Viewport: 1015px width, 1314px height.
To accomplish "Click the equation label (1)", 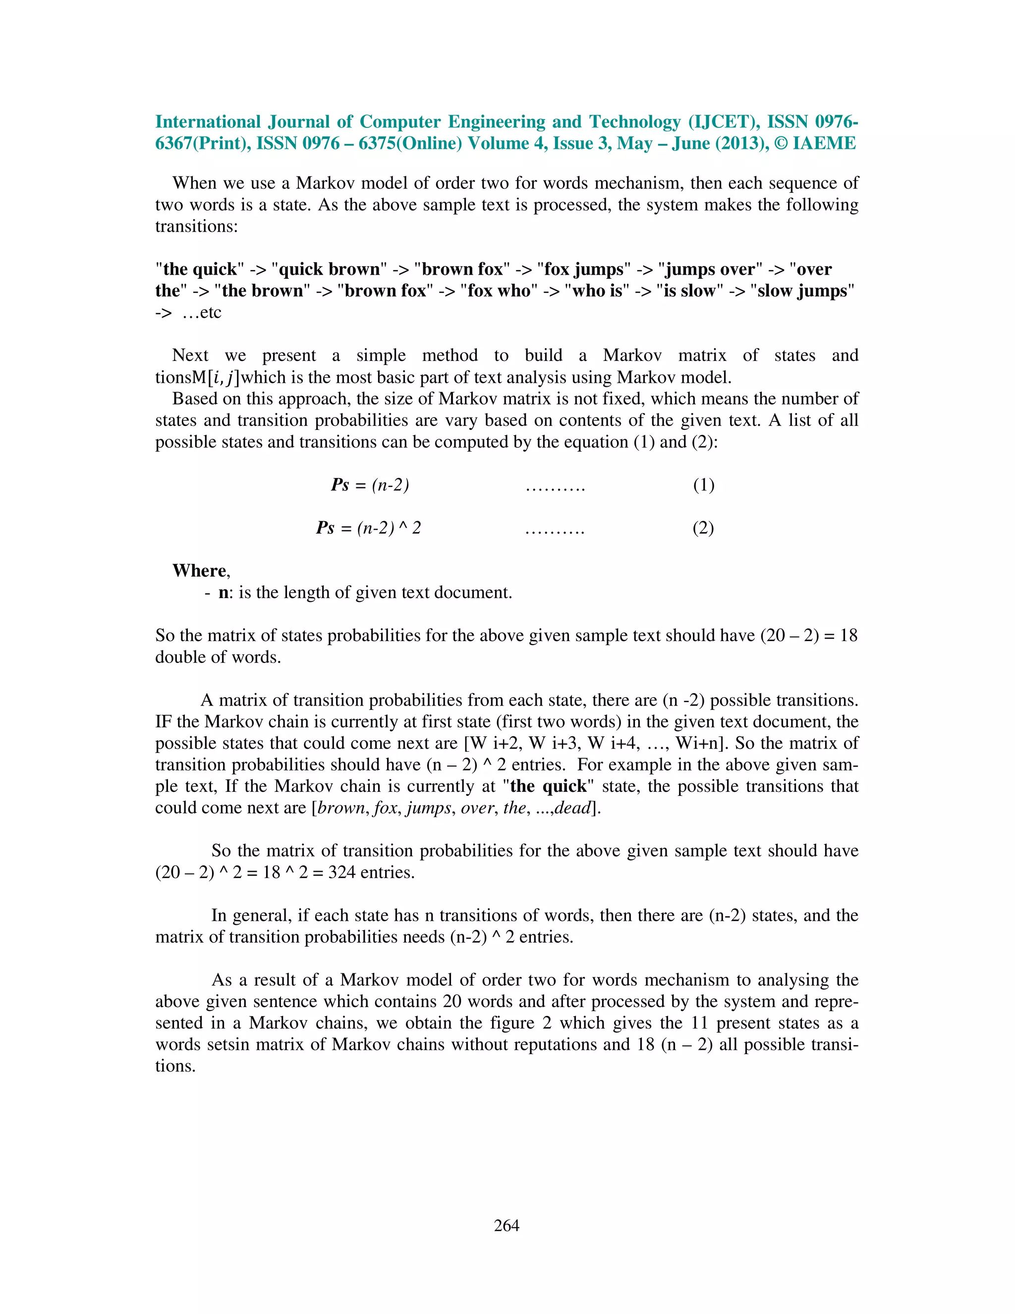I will tap(704, 485).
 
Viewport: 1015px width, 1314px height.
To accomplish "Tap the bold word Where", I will tap(200, 570).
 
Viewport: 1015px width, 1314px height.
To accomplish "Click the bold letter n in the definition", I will tap(223, 593).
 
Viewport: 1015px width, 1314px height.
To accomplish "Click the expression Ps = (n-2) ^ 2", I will tap(369, 528).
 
